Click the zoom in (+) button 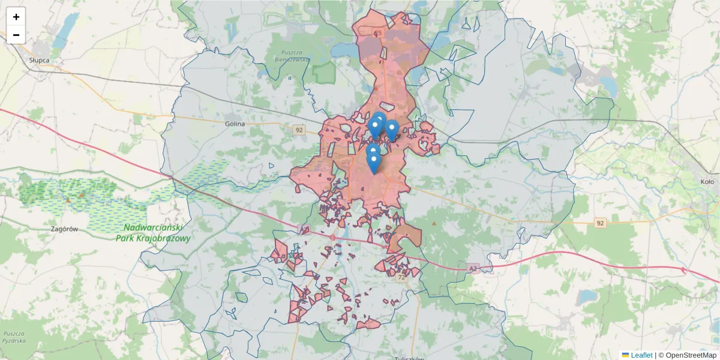pos(16,17)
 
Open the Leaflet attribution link pos(641,355)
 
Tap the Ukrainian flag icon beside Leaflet pos(625,355)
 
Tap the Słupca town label pos(38,61)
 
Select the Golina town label pos(235,124)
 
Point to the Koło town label pos(707,181)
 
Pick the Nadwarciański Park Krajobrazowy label pos(153,233)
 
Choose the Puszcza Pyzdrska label pos(13,337)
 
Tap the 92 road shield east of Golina pos(299,130)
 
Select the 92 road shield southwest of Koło pos(599,223)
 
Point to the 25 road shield pos(377,33)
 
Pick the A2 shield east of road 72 pos(473,269)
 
